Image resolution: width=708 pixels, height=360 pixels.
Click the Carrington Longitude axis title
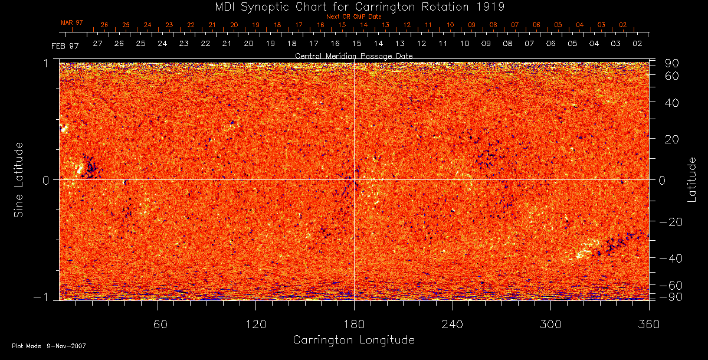click(x=353, y=340)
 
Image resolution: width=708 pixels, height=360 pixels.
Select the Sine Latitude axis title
click(x=19, y=179)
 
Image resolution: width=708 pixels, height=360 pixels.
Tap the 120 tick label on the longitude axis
click(x=256, y=324)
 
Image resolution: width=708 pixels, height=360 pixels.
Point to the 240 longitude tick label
click(x=453, y=324)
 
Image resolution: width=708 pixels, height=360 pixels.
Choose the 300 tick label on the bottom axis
click(x=550, y=324)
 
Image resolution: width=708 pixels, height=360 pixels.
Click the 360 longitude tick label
click(x=648, y=324)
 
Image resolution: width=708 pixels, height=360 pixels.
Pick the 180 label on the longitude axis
click(x=354, y=324)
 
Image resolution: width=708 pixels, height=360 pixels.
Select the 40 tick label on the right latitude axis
click(x=672, y=103)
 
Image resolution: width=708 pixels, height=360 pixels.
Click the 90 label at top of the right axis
click(x=672, y=63)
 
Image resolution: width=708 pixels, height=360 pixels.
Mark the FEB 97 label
click(x=65, y=45)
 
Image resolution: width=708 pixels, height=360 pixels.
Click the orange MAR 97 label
click(x=72, y=22)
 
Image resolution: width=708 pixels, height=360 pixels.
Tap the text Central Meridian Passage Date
click(x=353, y=55)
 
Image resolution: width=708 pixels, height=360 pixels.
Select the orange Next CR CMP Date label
click(x=353, y=17)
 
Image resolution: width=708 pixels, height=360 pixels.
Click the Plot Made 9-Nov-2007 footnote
click(x=48, y=346)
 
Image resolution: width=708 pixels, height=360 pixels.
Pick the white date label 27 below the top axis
click(x=97, y=44)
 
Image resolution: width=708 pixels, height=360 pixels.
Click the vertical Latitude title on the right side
click(x=691, y=179)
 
